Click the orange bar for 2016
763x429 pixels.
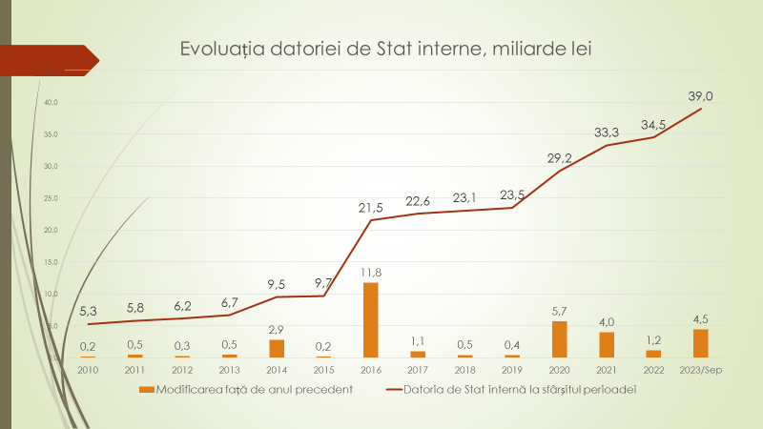click(370, 319)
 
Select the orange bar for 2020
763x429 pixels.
click(560, 338)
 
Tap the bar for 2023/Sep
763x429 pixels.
click(700, 342)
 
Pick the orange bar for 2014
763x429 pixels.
click(277, 348)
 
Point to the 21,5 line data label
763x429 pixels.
click(369, 207)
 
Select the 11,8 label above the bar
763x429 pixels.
click(370, 273)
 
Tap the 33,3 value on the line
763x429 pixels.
click(607, 132)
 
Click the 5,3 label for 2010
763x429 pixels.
click(88, 311)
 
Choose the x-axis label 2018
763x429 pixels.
click(464, 369)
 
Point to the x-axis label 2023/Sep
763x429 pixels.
click(700, 369)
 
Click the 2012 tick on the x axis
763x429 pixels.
click(182, 369)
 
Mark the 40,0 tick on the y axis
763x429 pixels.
click(51, 102)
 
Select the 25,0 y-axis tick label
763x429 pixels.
click(51, 198)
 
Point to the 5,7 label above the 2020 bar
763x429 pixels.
click(560, 311)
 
